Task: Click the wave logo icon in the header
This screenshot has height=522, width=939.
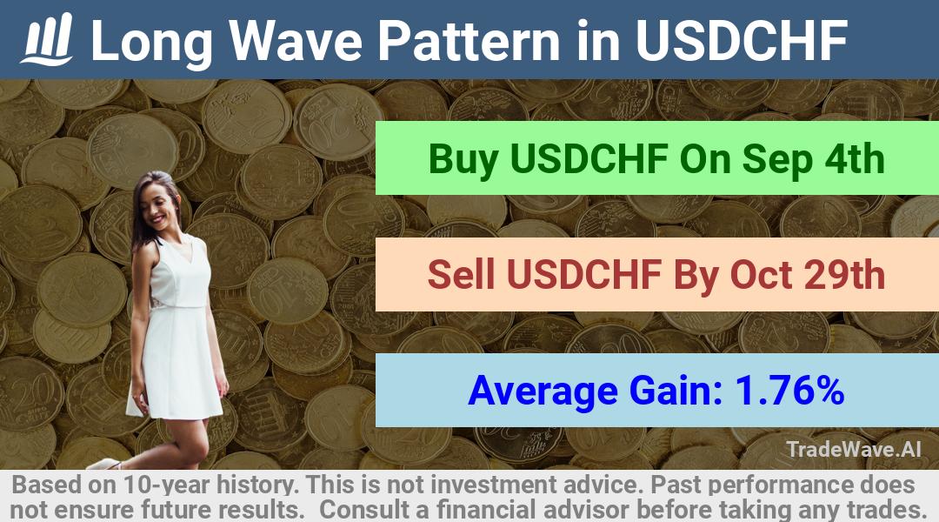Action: [47, 39]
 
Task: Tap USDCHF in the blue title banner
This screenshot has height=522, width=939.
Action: [742, 40]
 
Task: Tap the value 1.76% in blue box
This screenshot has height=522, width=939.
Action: [789, 390]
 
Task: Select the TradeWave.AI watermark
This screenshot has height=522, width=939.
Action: [854, 449]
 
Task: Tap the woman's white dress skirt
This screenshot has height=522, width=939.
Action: [174, 363]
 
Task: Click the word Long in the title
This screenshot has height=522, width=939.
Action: [152, 42]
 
